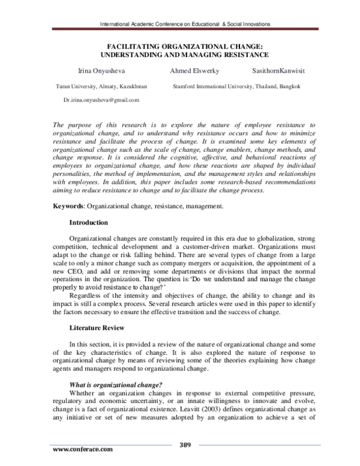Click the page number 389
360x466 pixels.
click(185, 444)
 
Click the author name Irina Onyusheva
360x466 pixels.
click(97, 70)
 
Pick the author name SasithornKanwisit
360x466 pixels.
click(278, 70)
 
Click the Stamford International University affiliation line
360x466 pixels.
click(236, 86)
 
